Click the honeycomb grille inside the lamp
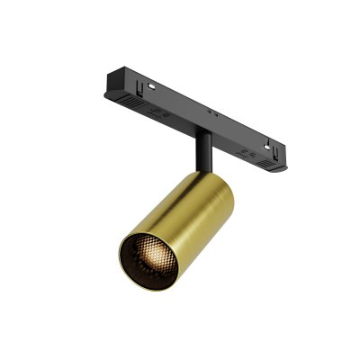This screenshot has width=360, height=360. click(148, 254)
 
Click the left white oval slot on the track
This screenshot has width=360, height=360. click(150, 86)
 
